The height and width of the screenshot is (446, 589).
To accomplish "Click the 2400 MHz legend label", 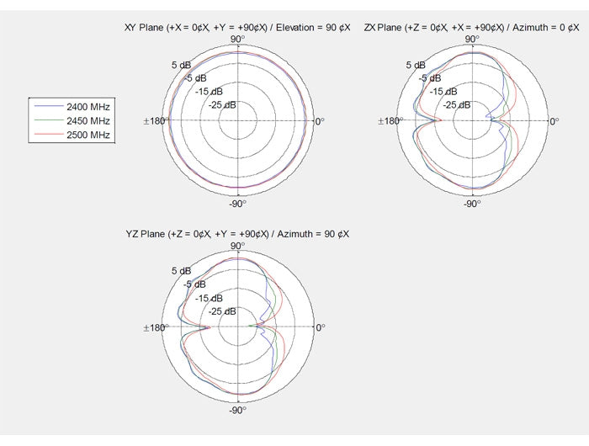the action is [88, 107].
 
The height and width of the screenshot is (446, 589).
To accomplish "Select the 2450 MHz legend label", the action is [88, 120].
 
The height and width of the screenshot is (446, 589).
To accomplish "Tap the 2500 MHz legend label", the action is [88, 135].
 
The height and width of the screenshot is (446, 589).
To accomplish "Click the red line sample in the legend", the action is [49, 134].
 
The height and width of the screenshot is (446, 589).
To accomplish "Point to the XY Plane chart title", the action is [237, 28].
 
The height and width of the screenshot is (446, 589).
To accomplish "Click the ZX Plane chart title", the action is [471, 28].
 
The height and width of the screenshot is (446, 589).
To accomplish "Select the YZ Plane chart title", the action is [237, 234].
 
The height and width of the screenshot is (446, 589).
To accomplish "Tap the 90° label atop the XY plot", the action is [238, 39].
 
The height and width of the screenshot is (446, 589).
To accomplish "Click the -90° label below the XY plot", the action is [238, 204].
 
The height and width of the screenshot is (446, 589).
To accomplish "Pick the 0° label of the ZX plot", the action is [555, 121].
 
